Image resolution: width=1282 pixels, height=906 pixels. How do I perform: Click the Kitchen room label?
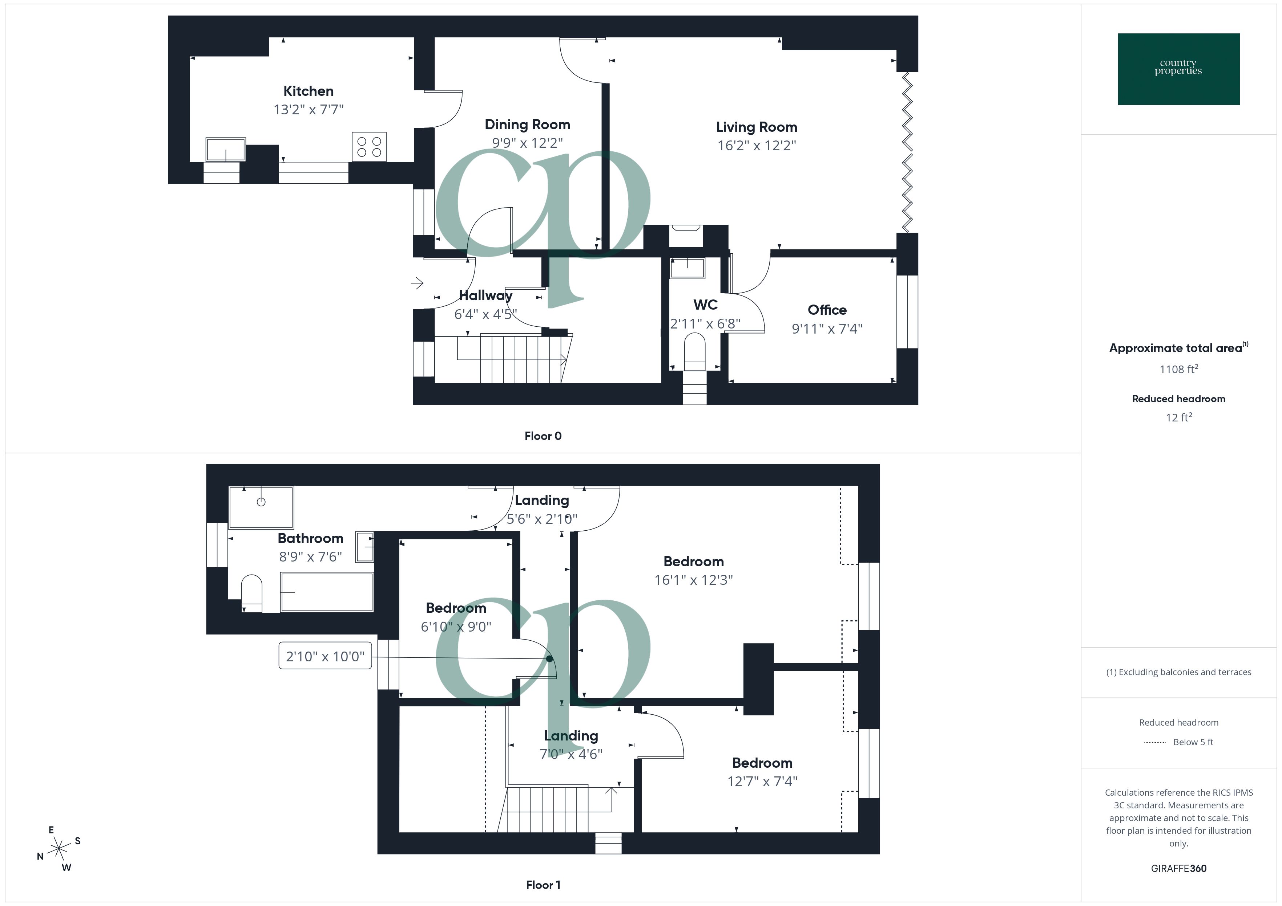[308, 91]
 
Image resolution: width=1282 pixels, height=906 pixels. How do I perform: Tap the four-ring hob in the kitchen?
[368, 147]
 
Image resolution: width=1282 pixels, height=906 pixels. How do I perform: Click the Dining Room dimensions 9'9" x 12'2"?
[527, 143]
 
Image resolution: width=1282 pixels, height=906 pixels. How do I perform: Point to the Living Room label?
[756, 127]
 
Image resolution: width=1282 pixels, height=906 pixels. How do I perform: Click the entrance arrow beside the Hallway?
[417, 283]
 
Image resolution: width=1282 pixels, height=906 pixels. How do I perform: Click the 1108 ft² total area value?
[1178, 369]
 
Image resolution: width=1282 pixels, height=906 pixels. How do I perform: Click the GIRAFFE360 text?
[1178, 868]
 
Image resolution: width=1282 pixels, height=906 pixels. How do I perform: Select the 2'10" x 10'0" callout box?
[325, 656]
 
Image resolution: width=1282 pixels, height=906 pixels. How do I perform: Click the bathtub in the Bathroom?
[327, 592]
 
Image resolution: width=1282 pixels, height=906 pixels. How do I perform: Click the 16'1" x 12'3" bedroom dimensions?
[693, 580]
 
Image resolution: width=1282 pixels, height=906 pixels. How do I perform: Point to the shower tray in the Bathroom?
[261, 507]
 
